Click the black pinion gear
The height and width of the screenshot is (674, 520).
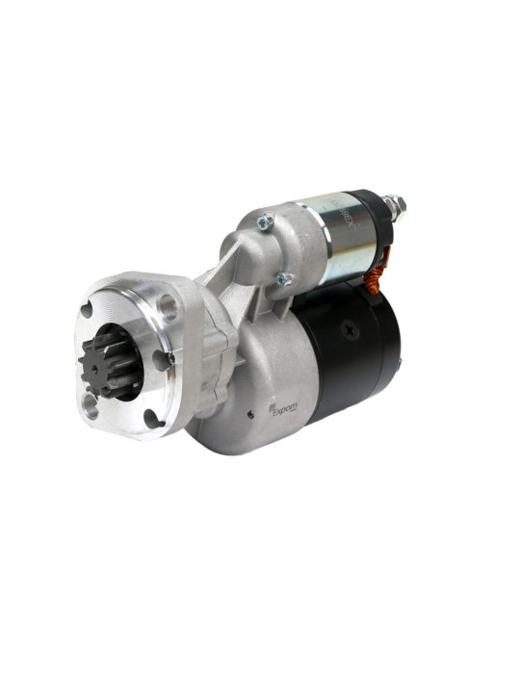pos(108,363)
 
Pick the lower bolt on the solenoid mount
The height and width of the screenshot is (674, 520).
pos(284,279)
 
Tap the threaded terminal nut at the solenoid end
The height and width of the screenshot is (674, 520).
pos(395,205)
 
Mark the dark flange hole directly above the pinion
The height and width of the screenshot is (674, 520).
pos(89,312)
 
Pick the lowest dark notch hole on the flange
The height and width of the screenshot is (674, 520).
pos(150,418)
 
